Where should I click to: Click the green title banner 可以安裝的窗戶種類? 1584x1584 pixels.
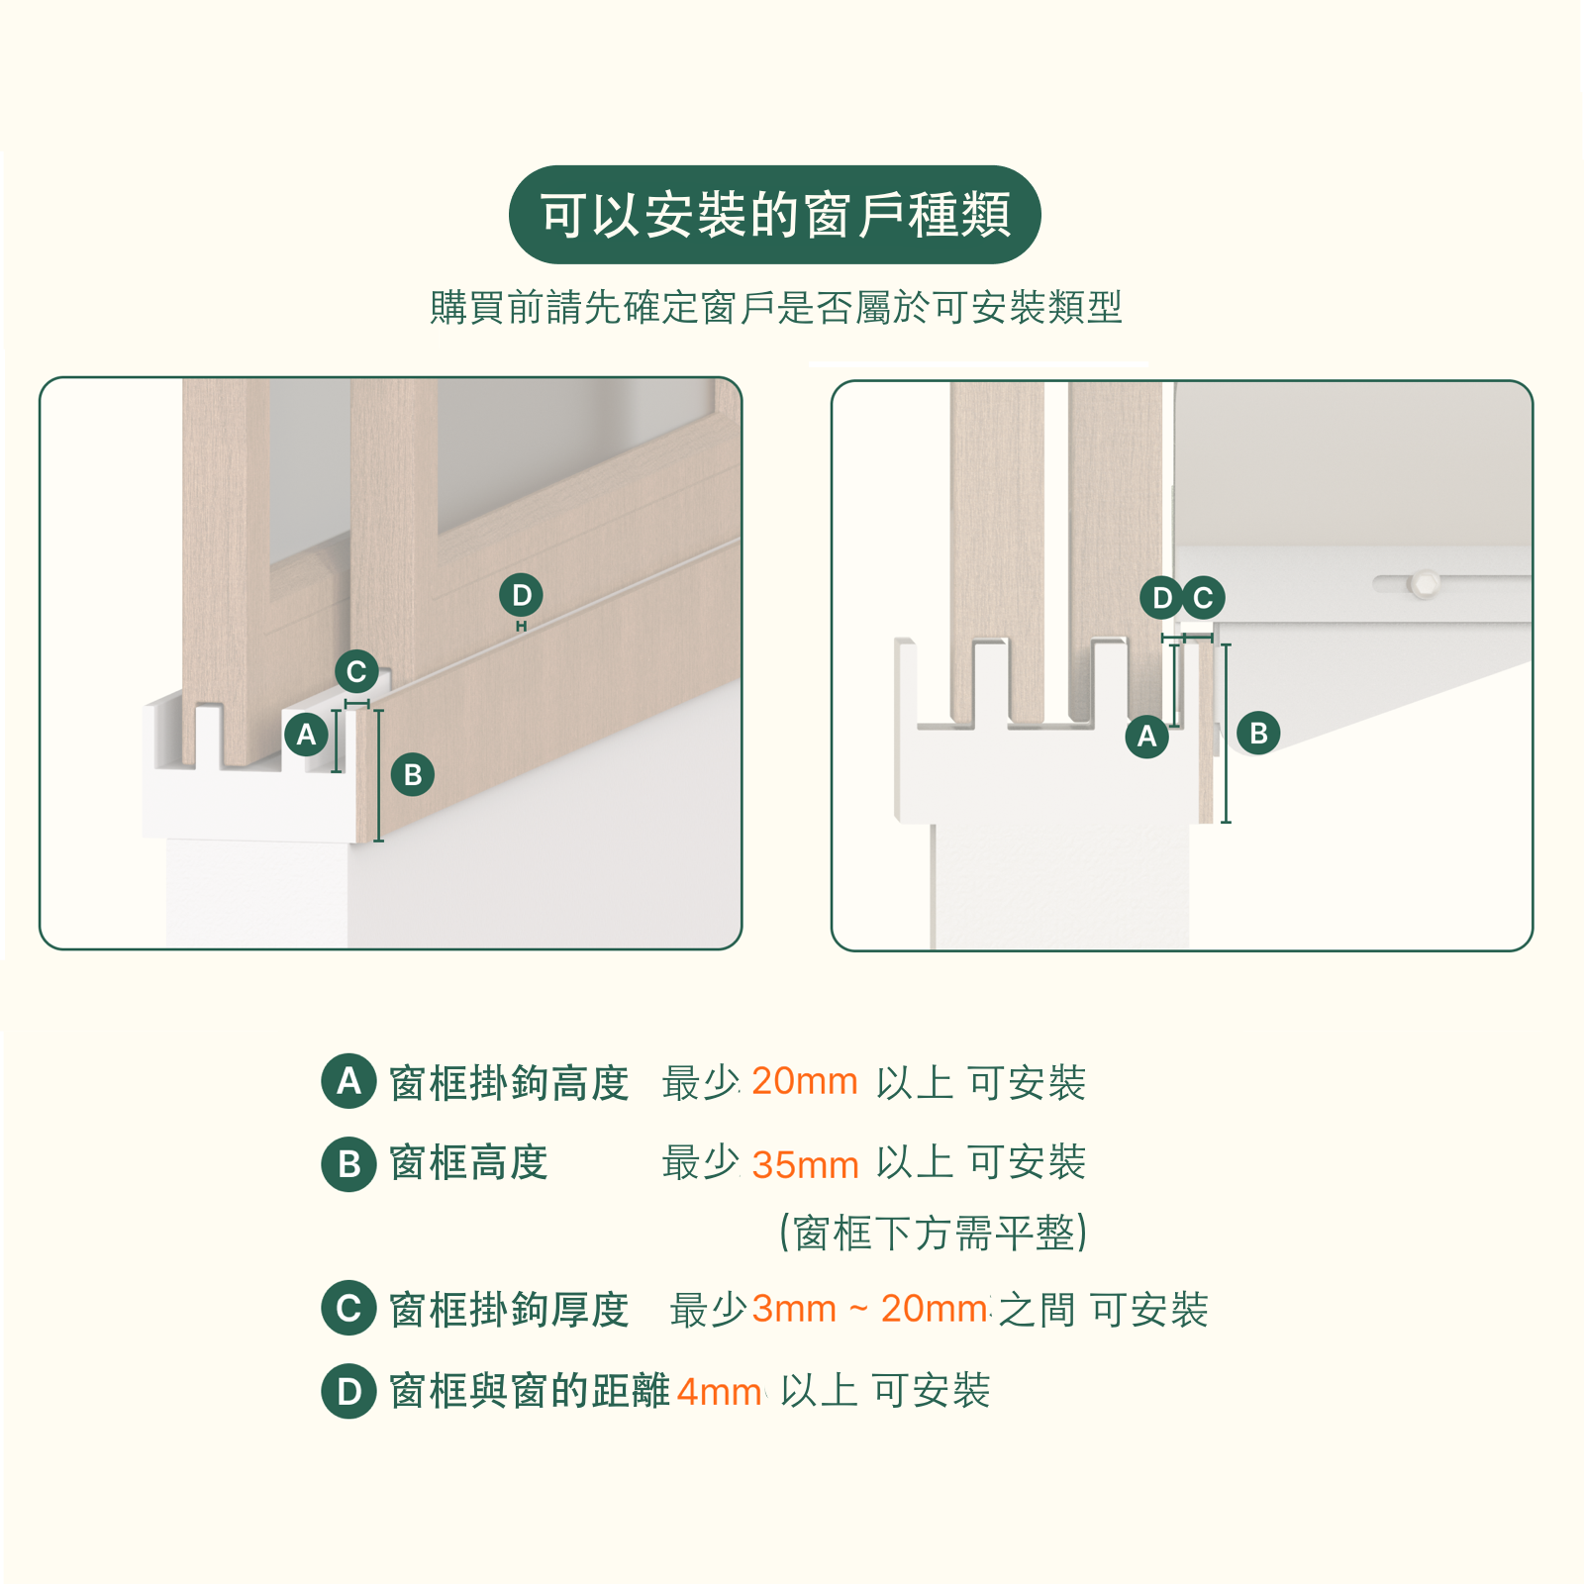coord(774,215)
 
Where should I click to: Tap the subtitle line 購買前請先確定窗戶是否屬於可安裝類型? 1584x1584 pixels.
coord(776,307)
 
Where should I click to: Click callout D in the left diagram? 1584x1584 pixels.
coord(522,595)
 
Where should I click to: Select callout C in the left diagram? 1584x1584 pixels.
coord(356,672)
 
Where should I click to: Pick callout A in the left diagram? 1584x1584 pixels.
coord(306,735)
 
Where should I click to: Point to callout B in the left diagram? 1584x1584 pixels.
coord(413,774)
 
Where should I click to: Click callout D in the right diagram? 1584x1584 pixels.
coord(1161,598)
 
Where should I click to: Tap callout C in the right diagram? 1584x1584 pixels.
coord(1203,598)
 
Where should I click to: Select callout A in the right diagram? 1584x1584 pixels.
coord(1146,736)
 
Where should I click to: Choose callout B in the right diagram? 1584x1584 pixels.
coord(1258,733)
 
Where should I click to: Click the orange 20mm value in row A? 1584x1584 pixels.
coord(804,1081)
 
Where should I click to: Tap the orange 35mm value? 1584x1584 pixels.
coord(805,1164)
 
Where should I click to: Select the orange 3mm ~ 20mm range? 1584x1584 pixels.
coord(870,1309)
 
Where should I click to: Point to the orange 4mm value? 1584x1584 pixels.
coord(720,1392)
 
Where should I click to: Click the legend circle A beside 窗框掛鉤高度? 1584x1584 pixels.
coord(348,1080)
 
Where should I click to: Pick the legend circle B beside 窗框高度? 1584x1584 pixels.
coord(348,1163)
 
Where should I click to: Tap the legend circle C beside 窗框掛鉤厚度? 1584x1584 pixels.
coord(348,1308)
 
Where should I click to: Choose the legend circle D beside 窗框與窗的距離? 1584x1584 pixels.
coord(348,1391)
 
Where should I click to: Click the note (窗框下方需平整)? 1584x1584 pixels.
coord(934,1234)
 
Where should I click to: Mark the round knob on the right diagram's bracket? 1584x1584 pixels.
coord(1425,582)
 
